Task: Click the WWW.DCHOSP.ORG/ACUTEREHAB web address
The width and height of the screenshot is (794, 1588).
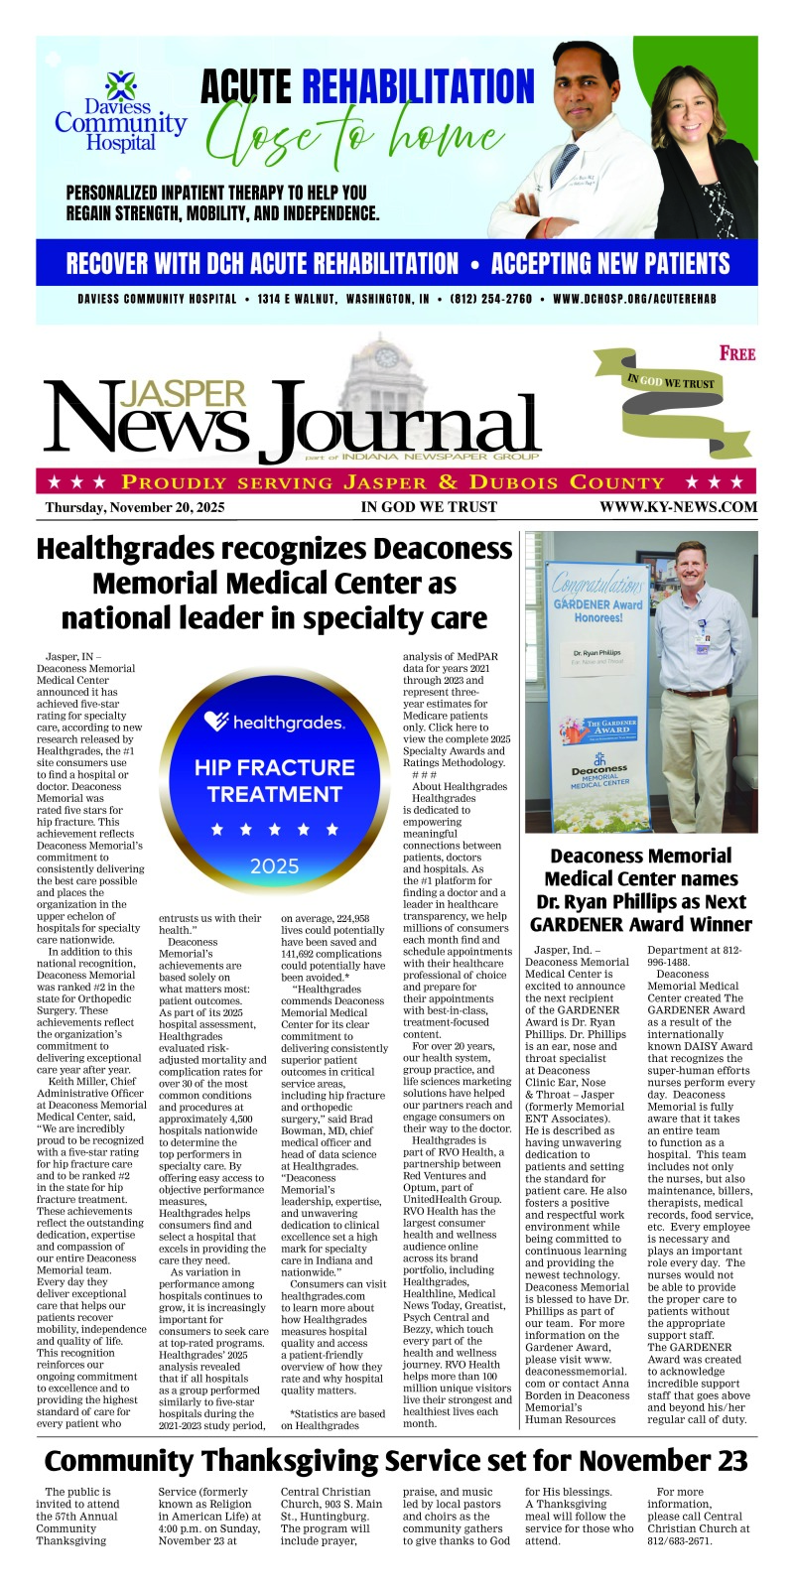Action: (634, 299)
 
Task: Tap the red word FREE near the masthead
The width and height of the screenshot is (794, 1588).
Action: (737, 353)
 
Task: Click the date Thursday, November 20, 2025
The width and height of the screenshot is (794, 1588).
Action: (135, 507)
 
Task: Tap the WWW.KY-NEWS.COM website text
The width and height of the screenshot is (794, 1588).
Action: (678, 507)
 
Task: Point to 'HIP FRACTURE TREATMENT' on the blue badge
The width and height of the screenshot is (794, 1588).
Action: (274, 781)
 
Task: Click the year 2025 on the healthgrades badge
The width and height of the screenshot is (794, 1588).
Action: (274, 866)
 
